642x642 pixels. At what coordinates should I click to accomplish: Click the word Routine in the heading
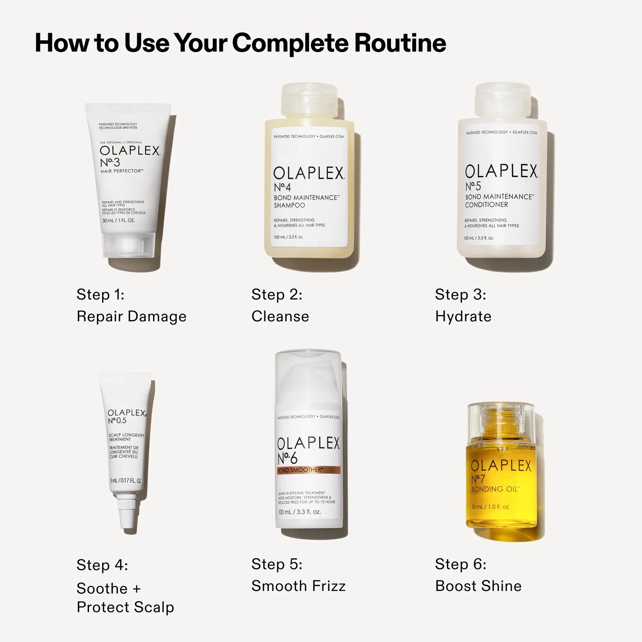coord(400,43)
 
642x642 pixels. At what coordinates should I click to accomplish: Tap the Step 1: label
coord(100,295)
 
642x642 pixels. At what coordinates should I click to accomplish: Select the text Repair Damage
coord(131,316)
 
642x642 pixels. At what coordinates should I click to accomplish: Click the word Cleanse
coord(280,316)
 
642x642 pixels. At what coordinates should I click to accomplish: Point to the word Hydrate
coord(463,316)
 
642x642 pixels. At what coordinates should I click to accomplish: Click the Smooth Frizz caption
coord(298,586)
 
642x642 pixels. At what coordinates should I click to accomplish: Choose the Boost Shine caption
coord(478,586)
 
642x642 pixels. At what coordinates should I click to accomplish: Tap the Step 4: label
coord(102,565)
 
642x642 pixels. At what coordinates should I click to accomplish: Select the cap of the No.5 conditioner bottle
coord(502,99)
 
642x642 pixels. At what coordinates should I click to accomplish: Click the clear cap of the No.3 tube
coord(128,245)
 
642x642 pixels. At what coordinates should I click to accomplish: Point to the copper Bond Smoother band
coord(308,470)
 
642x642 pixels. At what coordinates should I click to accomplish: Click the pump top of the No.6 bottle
coord(308,378)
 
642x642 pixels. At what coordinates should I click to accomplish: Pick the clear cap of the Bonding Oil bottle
coord(501,420)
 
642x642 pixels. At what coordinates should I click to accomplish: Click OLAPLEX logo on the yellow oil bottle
coord(501,465)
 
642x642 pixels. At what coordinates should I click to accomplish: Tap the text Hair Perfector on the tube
coord(121,171)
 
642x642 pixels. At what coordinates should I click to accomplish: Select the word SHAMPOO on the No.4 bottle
coord(289,205)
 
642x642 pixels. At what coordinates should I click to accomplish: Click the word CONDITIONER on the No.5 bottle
coord(486,205)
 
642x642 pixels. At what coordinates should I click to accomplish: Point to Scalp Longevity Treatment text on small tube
coord(126,437)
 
